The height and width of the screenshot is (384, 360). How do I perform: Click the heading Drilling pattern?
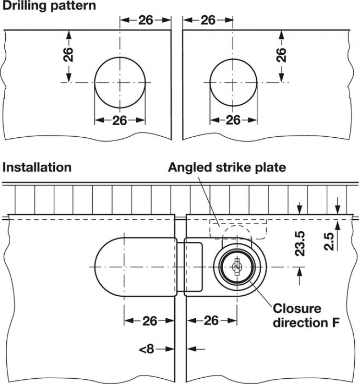click(49, 6)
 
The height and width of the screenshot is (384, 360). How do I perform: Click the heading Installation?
click(37, 168)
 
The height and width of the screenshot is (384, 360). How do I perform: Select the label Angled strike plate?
click(227, 168)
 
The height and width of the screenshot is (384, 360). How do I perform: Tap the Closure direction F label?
click(303, 315)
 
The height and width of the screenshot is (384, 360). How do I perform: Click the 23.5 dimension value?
click(300, 244)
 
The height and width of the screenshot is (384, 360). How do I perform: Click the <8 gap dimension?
click(146, 349)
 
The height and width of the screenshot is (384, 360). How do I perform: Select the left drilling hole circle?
click(120, 82)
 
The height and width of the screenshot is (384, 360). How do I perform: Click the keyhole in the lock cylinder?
click(235, 267)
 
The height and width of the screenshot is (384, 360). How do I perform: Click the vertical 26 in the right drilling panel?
click(282, 55)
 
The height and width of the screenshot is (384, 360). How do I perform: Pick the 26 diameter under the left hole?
click(120, 120)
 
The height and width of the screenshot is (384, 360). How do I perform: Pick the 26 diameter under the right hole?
click(233, 120)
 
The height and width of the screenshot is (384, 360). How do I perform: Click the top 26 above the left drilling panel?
click(145, 20)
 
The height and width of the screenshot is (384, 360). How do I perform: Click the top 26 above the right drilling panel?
click(208, 20)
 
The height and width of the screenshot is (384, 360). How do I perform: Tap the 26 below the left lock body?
click(149, 320)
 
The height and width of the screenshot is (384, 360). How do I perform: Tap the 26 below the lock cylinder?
click(211, 320)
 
